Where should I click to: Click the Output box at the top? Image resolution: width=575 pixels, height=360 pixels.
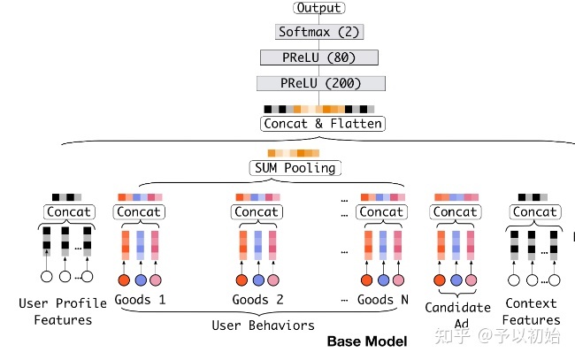(319, 8)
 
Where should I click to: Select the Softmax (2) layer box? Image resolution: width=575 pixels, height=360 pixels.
(319, 32)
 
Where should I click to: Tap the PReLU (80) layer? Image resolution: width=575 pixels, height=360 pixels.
(319, 57)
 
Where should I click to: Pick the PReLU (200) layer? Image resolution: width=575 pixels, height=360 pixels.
(320, 83)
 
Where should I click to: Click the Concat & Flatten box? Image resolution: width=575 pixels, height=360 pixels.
(323, 124)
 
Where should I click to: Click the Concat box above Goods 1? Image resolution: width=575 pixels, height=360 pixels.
(138, 212)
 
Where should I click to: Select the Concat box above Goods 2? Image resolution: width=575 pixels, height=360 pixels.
(257, 212)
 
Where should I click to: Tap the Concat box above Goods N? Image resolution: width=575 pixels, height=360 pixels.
(381, 212)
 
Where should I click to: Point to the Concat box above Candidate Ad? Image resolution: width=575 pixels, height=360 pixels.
(455, 212)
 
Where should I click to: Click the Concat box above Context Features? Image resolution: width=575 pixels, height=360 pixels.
(534, 212)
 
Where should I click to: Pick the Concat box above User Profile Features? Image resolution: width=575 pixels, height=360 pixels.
(67, 212)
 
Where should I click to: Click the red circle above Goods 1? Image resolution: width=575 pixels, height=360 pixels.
(124, 280)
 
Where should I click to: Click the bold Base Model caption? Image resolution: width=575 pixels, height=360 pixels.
(366, 341)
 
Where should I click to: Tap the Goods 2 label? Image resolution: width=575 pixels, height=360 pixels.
(257, 300)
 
